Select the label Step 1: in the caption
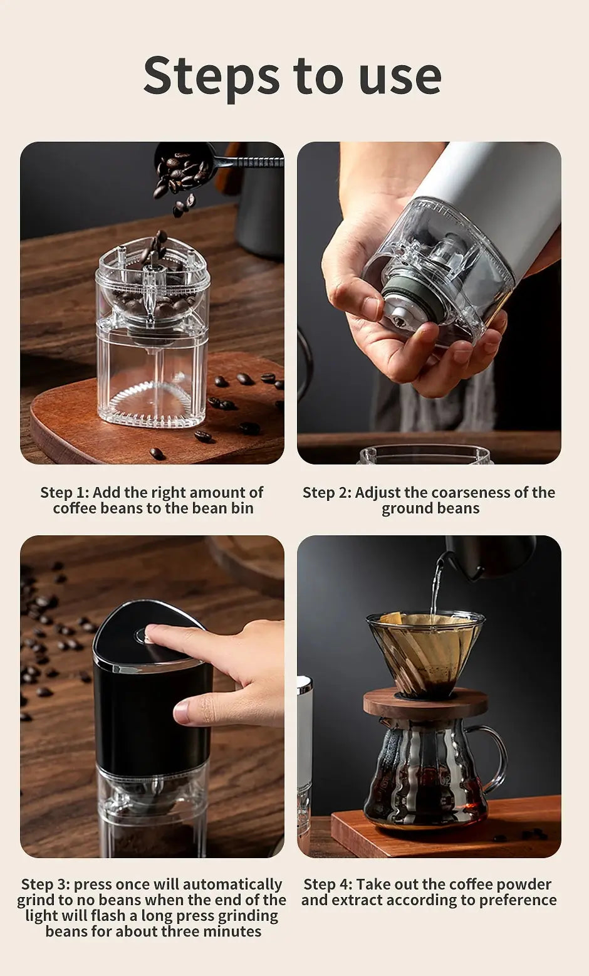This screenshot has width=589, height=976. pyautogui.click(x=65, y=493)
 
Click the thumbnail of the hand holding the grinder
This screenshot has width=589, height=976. pyautogui.click(x=429, y=303)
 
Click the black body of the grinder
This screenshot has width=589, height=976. pyautogui.click(x=150, y=715)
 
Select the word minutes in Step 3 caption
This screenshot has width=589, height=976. pyautogui.click(x=230, y=931)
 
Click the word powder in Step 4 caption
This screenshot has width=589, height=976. pyautogui.click(x=523, y=884)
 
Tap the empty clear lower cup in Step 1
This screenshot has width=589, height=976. pyautogui.click(x=152, y=382)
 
